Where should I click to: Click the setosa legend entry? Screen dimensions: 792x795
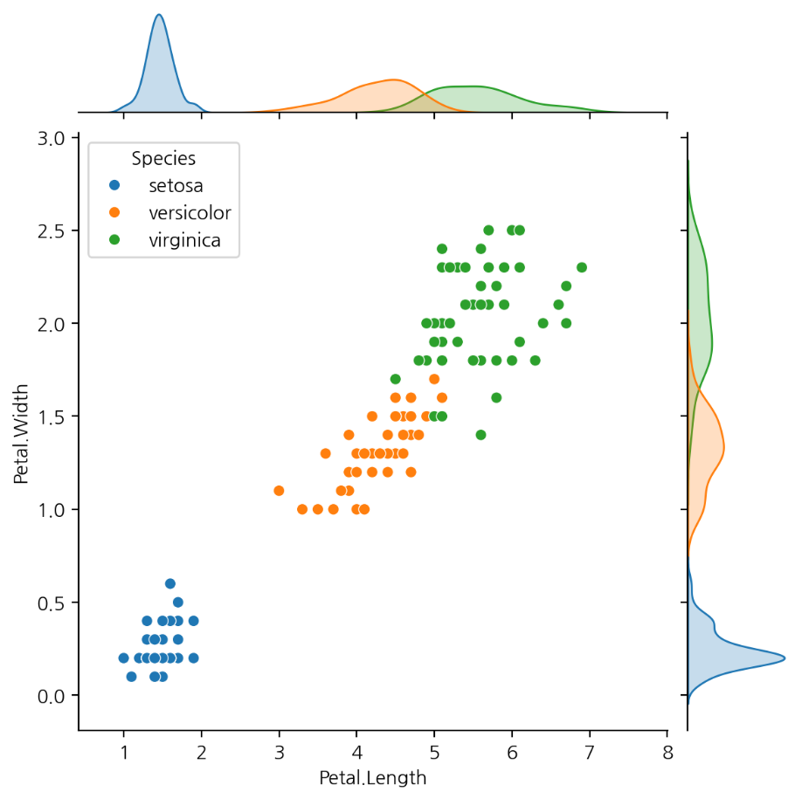[178, 185]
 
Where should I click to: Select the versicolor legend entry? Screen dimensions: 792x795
[190, 212]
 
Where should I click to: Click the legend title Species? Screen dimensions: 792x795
[163, 158]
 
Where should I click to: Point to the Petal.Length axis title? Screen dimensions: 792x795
[373, 776]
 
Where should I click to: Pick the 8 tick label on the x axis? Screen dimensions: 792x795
[667, 754]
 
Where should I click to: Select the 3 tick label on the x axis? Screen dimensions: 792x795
[279, 754]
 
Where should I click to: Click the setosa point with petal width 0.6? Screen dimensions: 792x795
[170, 583]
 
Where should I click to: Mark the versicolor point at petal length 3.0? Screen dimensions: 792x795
[279, 491]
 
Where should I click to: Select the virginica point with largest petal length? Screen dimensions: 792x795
[582, 267]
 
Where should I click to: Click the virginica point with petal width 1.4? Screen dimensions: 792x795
[480, 435]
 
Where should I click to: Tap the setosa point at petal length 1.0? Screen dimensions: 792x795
[123, 658]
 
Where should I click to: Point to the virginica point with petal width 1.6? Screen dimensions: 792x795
[496, 397]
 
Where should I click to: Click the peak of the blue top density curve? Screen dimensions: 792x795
[158, 15]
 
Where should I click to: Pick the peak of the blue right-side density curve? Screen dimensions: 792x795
[784, 658]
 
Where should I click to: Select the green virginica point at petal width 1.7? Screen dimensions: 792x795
[395, 379]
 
